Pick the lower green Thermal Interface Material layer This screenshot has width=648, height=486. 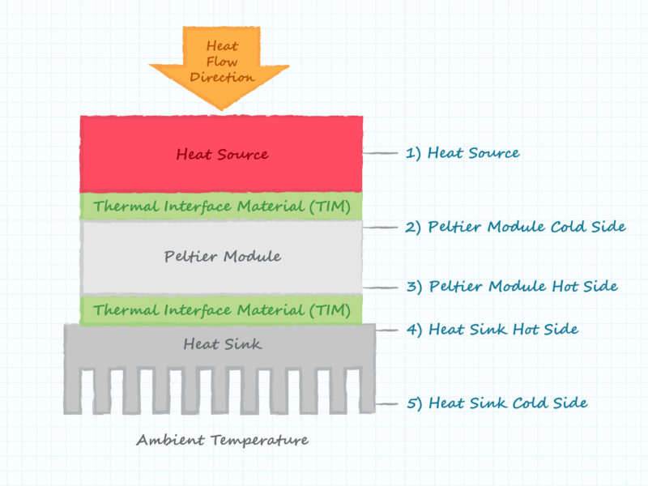tap(221, 310)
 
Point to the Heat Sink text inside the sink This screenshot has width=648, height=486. tap(222, 344)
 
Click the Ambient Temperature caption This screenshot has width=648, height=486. tap(222, 441)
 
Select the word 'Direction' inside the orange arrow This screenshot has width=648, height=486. tap(221, 78)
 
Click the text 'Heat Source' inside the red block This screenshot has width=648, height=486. tap(221, 154)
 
